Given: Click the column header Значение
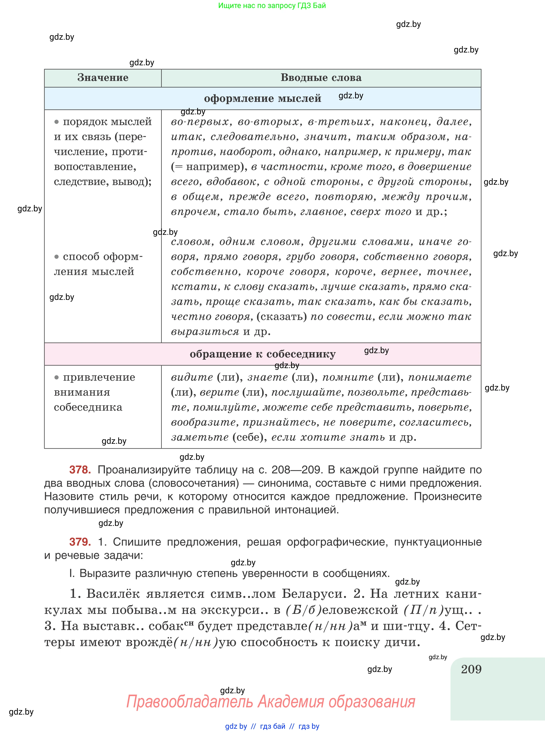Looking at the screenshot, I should (x=103, y=78).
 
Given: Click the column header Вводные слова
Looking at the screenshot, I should (x=321, y=78).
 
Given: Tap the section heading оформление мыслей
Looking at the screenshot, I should (x=262, y=98).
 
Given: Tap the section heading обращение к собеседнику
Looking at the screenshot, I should (x=262, y=354).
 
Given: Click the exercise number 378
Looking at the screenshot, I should (x=80, y=470).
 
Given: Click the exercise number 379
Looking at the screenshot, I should (x=80, y=542).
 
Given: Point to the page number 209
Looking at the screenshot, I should (x=471, y=669).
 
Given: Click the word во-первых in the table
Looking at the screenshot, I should (x=200, y=122).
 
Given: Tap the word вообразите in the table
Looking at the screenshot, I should (x=204, y=422).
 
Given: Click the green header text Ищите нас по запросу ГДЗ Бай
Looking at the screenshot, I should (x=272, y=6).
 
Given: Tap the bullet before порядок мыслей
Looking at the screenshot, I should (x=56, y=122).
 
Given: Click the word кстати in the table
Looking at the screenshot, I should (x=194, y=287).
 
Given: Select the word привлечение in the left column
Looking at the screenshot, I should (x=99, y=377).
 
